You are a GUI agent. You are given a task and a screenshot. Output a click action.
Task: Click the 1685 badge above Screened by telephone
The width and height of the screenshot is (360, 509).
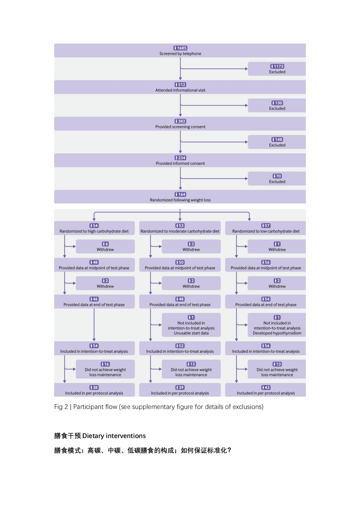tap(180, 48)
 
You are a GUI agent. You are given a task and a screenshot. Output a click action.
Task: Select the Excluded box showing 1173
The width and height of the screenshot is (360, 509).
tap(277, 69)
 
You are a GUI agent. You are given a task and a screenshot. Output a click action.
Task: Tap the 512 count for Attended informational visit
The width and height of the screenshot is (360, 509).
tap(180, 85)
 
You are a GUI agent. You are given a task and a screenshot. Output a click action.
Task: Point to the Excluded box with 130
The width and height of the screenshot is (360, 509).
tap(277, 105)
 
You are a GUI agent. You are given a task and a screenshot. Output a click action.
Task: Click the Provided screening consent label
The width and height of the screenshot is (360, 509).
tap(180, 127)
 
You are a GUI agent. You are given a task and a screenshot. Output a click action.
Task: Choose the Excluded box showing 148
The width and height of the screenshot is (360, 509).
tap(277, 142)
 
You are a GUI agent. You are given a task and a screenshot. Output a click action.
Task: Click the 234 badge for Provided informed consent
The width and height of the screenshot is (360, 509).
tap(180, 158)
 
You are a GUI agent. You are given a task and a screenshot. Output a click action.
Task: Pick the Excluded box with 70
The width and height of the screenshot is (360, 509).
tap(277, 178)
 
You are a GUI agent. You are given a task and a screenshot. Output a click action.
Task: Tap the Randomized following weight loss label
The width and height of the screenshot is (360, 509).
tap(180, 200)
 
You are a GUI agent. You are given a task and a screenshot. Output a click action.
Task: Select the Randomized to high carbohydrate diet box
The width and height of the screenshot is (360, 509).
tap(94, 228)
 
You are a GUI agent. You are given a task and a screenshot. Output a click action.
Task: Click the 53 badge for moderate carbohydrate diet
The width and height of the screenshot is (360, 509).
tap(180, 226)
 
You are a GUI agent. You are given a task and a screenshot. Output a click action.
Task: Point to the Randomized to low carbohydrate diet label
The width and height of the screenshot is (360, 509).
tap(266, 231)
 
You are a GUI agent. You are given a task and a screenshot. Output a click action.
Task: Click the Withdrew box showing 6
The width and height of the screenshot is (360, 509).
tap(105, 246)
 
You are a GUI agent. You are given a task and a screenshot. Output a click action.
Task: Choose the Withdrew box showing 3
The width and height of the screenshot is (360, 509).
tap(191, 246)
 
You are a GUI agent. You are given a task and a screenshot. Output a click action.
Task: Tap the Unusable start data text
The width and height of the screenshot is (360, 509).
tap(191, 333)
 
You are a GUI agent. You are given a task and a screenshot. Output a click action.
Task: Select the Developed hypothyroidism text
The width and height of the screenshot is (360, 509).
tap(277, 333)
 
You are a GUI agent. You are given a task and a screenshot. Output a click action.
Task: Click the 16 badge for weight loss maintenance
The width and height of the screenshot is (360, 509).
tap(105, 364)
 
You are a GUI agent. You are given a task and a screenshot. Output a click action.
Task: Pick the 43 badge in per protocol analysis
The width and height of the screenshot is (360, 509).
tap(266, 387)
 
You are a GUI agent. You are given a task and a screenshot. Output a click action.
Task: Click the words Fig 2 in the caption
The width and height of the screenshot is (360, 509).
tap(61, 407)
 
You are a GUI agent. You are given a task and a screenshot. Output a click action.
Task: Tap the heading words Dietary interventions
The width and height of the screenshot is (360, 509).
tap(114, 436)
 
